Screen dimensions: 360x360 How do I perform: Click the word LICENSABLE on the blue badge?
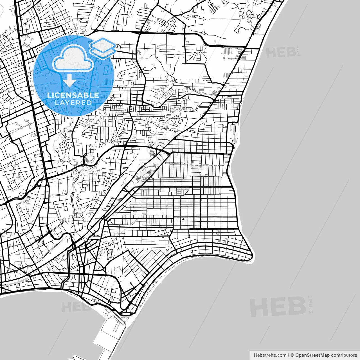[x=73, y=95]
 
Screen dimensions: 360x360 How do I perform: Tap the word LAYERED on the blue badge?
[x=73, y=103]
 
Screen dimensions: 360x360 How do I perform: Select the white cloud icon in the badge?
[x=73, y=59]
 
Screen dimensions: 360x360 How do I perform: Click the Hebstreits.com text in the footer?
[x=270, y=355]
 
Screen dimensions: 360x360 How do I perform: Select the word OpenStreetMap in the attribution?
[x=312, y=355]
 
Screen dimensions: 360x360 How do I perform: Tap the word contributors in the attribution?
[x=344, y=355]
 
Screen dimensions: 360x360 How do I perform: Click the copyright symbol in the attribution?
[x=292, y=355]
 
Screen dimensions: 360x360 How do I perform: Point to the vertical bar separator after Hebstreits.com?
[x=289, y=355]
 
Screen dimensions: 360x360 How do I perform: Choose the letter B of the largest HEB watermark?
[x=296, y=306]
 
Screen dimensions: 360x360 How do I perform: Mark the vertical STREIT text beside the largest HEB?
[x=310, y=304]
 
